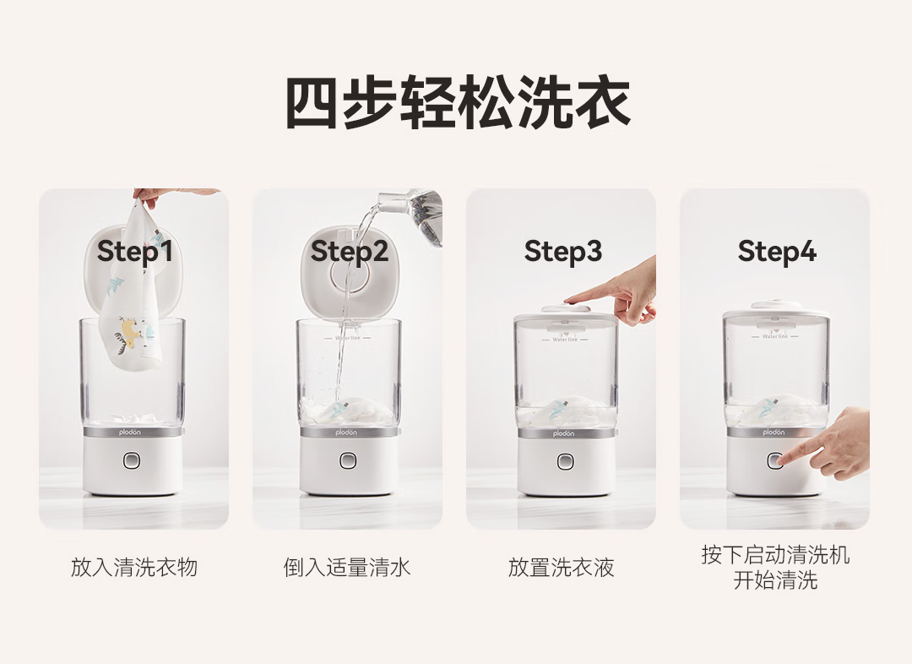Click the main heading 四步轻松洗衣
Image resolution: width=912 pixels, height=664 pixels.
pos(458,102)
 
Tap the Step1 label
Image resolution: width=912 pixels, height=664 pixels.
pos(134,252)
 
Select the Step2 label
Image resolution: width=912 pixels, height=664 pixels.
pos(349,252)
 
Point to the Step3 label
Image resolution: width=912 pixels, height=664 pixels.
pos(562,252)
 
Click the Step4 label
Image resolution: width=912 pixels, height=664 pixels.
pos(777,252)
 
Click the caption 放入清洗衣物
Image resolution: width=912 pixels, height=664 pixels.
pos(134,567)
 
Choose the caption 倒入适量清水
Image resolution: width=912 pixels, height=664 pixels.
pos(347,567)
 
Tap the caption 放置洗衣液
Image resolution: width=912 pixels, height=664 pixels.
pos(562,567)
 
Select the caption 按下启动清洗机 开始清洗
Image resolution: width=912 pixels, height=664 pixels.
pos(775,568)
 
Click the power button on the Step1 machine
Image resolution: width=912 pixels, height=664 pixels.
pos(132,460)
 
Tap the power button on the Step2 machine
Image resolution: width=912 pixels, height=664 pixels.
pos(348,460)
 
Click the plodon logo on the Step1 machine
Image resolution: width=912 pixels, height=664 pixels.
pos(130,433)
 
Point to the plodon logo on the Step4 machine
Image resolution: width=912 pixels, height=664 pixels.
pos(774,433)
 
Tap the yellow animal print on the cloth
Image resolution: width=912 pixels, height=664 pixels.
pos(132,331)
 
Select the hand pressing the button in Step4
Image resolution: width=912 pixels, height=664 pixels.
pos(828,444)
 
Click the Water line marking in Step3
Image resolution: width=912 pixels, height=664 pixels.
pos(565,340)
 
